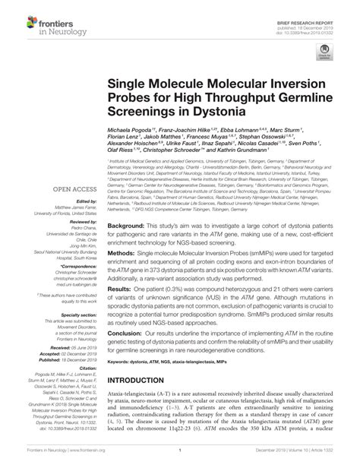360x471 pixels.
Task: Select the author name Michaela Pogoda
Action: (x=131, y=131)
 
